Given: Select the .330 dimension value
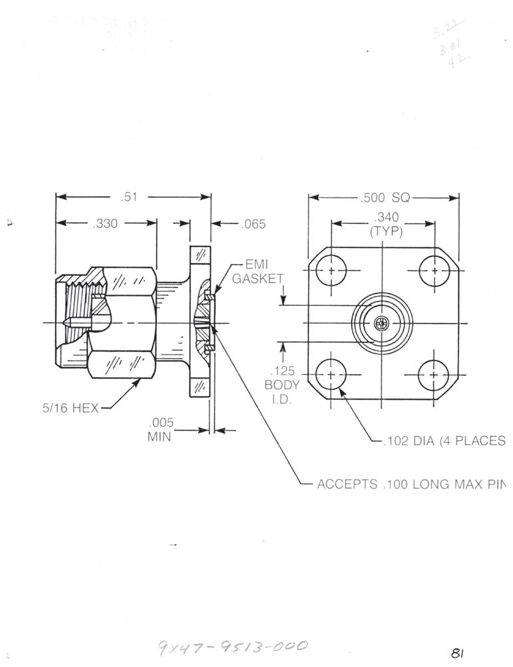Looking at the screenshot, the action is [105, 224].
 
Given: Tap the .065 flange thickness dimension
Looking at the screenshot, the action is [253, 224].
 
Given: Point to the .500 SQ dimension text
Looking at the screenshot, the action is [385, 197].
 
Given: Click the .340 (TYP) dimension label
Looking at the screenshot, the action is [386, 223].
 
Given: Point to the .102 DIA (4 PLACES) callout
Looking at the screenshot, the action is [442, 440].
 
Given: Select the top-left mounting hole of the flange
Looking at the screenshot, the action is [331, 272].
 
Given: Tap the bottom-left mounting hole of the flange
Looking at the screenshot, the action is [331, 375].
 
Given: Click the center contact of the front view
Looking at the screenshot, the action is [381, 324].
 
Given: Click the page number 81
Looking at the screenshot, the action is [456, 653].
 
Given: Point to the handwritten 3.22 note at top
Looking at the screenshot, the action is [446, 29].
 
